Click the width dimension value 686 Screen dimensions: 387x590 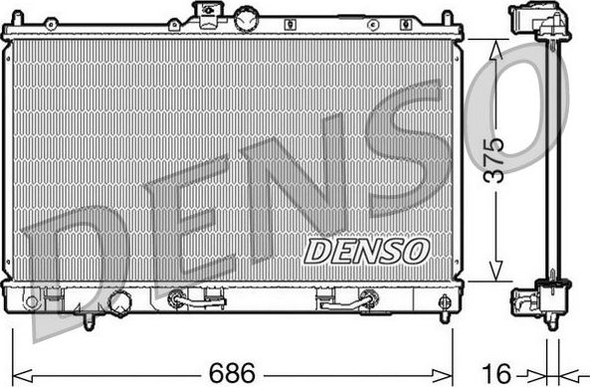(230, 373)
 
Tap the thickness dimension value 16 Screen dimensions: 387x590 (503, 373)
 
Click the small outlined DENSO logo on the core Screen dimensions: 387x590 (365, 250)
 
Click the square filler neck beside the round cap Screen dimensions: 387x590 (209, 15)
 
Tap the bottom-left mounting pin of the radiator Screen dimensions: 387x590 (88, 321)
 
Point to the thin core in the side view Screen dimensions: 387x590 (548, 159)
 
